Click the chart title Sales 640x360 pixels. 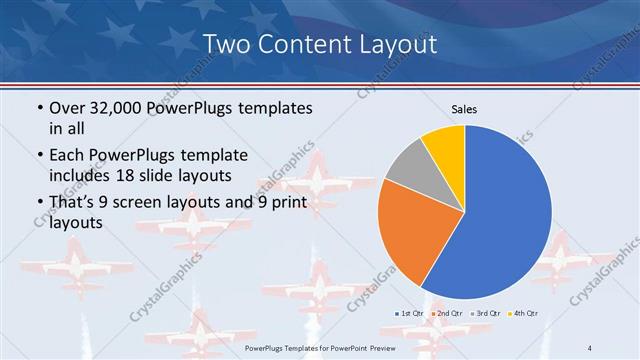pyautogui.click(x=464, y=109)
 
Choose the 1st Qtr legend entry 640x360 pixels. pyautogui.click(x=409, y=314)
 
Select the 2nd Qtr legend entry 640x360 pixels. pyautogui.click(x=445, y=314)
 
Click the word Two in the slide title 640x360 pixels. pyautogui.click(x=225, y=44)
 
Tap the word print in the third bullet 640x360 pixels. pyautogui.click(x=285, y=203)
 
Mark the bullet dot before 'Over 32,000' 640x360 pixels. pyautogui.click(x=39, y=108)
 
